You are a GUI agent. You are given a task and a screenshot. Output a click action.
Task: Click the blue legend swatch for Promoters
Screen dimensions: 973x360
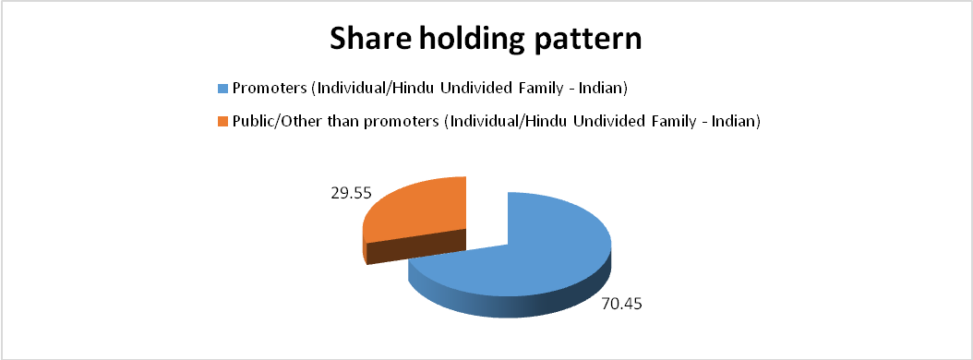click(x=222, y=89)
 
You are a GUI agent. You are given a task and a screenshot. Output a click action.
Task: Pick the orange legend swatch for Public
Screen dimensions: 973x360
click(x=222, y=122)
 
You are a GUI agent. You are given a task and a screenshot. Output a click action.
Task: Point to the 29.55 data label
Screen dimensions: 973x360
click(x=351, y=193)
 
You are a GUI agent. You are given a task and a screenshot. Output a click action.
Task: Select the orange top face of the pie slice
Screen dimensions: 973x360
click(x=422, y=208)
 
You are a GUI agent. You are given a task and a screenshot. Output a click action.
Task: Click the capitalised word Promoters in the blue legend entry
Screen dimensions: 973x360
click(x=270, y=89)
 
